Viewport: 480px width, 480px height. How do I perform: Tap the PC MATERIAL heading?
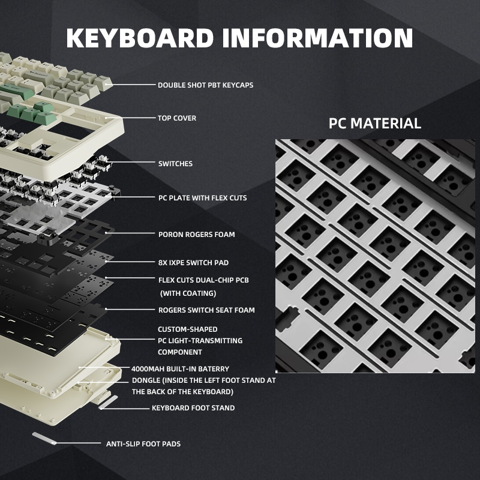374,124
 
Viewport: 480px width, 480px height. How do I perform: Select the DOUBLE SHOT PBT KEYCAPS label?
205,85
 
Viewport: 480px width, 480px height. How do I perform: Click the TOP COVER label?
176,118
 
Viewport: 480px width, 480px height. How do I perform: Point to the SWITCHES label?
175,163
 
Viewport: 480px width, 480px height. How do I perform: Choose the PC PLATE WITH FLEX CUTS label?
202,197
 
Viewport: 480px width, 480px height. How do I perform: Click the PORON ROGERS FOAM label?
196,235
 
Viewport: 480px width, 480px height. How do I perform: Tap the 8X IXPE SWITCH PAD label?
193,262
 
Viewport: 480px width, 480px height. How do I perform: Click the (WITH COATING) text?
188,293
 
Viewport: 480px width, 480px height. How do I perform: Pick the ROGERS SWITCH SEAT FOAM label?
206,310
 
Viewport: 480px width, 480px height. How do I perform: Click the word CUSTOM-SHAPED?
187,329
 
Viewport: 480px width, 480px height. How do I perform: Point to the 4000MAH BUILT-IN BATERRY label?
180,369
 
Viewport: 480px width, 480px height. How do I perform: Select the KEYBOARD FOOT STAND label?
193,408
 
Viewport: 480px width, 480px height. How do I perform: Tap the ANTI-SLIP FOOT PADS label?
143,444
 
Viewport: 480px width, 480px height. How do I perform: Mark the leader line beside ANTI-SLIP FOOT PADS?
78,443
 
